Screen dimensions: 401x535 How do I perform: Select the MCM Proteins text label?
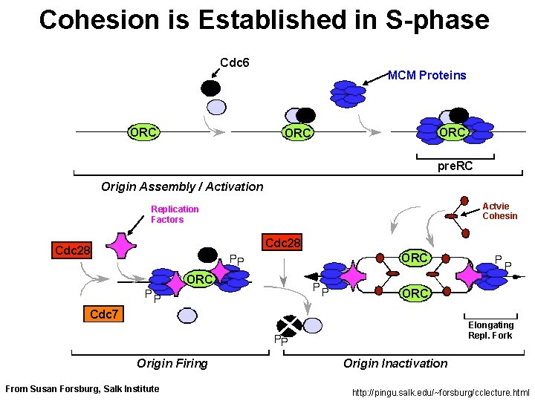(427, 75)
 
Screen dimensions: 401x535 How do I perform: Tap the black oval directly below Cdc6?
(211, 88)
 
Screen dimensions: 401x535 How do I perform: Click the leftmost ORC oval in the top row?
(142, 132)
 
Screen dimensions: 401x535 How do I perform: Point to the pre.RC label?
(455, 165)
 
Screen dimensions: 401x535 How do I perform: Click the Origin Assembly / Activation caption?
(182, 186)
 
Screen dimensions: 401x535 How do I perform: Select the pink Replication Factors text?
(175, 215)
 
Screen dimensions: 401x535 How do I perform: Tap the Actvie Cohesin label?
(499, 211)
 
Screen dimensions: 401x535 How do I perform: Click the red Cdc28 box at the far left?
(74, 250)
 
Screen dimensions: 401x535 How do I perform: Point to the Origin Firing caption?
(172, 363)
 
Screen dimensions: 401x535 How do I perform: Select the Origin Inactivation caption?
(395, 363)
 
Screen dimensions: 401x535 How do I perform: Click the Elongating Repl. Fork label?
(490, 330)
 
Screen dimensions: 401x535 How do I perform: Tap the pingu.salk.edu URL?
(441, 392)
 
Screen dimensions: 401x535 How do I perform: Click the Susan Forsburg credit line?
(82, 388)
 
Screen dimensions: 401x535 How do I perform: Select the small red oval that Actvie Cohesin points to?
(451, 216)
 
